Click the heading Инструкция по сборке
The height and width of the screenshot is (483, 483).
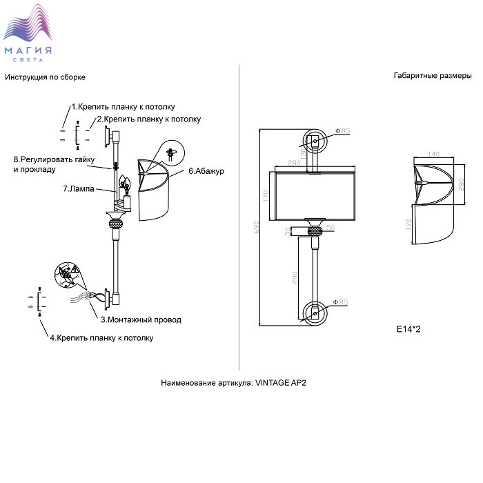click(x=45, y=77)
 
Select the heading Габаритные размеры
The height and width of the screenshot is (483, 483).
click(x=433, y=75)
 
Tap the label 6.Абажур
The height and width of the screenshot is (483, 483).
click(x=206, y=171)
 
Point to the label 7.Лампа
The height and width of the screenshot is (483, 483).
click(x=79, y=188)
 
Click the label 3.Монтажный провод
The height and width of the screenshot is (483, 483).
click(x=141, y=319)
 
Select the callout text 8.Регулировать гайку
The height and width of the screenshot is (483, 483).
click(x=54, y=159)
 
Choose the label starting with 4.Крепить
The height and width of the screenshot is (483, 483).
click(x=101, y=338)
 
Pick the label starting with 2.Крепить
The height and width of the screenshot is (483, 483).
click(x=149, y=119)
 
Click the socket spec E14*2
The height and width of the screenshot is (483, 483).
click(x=408, y=329)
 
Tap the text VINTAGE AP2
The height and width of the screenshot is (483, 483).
click(x=281, y=383)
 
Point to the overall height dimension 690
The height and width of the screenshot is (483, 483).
click(x=257, y=227)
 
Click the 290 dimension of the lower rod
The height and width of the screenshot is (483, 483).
click(x=295, y=278)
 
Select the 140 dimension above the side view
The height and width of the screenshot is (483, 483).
click(x=433, y=154)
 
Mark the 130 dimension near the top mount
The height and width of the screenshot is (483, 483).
click(x=304, y=154)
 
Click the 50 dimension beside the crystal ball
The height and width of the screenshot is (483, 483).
click(x=331, y=228)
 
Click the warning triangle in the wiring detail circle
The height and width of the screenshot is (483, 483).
click(x=75, y=270)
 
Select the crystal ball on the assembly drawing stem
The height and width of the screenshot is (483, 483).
click(x=116, y=224)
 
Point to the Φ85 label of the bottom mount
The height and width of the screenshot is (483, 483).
click(x=341, y=302)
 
